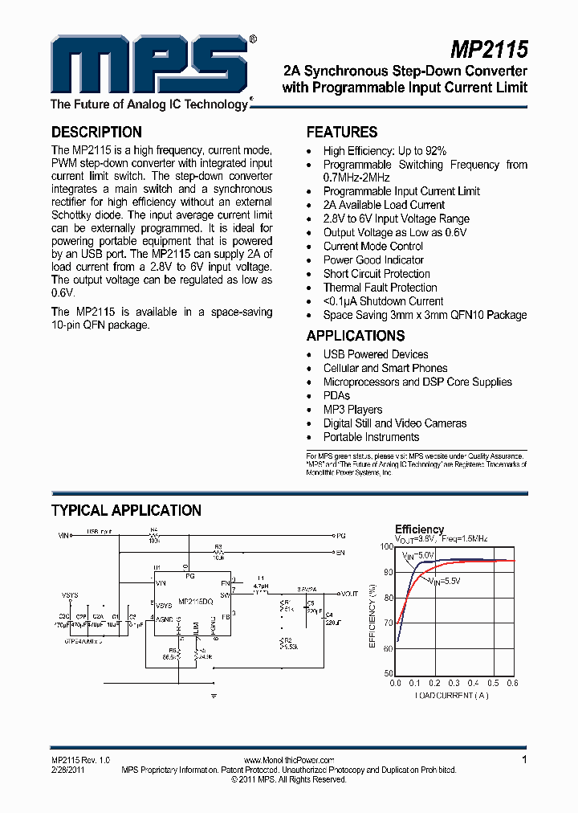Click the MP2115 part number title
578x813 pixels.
[x=488, y=50]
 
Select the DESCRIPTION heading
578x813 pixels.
[x=96, y=133]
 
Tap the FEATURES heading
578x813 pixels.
[x=342, y=133]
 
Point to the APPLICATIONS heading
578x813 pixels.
[x=356, y=336]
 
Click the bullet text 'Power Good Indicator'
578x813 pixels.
[x=373, y=260]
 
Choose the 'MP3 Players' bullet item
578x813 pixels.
[x=352, y=410]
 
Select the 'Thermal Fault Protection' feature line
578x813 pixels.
[x=380, y=288]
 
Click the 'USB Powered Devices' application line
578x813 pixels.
[x=376, y=354]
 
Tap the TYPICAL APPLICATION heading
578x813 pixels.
[x=126, y=511]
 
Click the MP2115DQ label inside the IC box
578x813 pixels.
[x=195, y=601]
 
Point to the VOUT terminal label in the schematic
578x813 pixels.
[x=349, y=594]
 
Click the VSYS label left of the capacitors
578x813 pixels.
[x=71, y=595]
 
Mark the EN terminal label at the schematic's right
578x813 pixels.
[x=340, y=553]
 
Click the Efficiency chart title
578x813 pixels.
[x=419, y=529]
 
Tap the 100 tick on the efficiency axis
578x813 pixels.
[x=387, y=547]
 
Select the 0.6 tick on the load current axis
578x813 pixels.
[x=512, y=683]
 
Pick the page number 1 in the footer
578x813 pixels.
[x=524, y=759]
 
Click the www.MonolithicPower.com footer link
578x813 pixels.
[x=288, y=760]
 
